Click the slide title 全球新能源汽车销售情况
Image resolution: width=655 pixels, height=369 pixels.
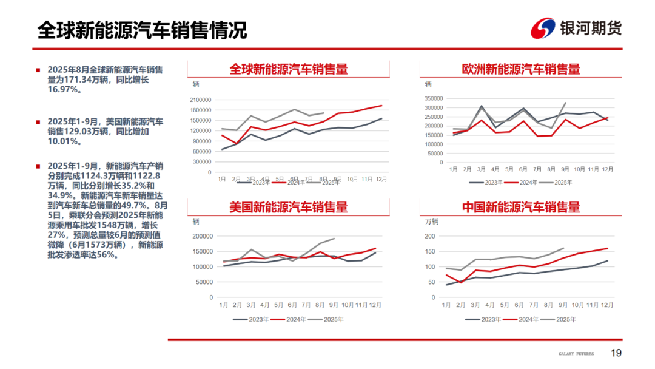point(142,30)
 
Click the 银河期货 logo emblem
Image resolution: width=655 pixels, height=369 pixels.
point(543,28)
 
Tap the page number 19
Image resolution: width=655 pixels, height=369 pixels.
point(616,353)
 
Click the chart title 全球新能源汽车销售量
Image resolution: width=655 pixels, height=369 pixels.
point(288,69)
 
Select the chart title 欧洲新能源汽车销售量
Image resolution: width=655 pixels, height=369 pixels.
point(521,69)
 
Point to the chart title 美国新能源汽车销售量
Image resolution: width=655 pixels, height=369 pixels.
point(288,207)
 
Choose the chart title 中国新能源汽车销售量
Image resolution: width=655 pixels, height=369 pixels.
point(521,207)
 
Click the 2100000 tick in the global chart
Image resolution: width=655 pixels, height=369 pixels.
point(200,100)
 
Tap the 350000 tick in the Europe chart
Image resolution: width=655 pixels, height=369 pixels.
point(434,98)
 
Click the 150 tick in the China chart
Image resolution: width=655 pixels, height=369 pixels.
point(430,251)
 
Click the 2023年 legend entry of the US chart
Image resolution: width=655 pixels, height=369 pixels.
point(252,319)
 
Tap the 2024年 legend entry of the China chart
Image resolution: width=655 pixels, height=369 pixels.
point(521,319)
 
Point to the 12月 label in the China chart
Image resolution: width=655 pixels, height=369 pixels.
point(606,305)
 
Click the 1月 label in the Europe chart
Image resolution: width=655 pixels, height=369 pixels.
point(453,169)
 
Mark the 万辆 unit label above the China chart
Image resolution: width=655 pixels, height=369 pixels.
point(431,222)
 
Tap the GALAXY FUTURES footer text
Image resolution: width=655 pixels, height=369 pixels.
point(576,354)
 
